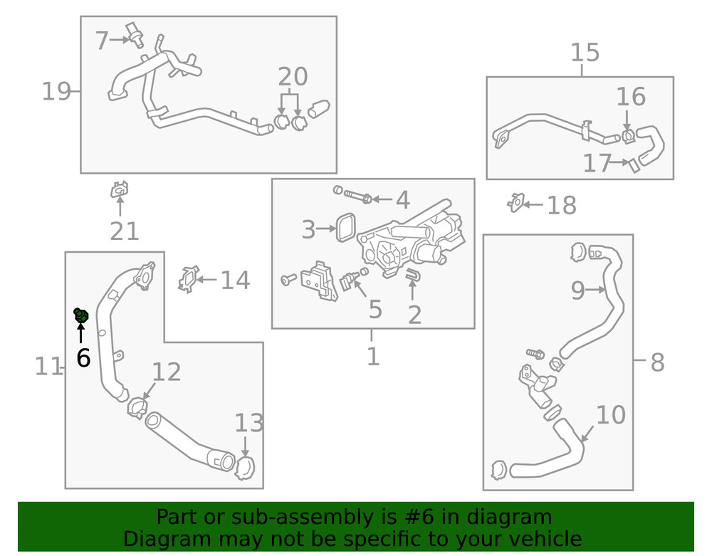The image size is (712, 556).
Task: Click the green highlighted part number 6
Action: [x=81, y=314]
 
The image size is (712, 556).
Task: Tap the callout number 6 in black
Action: [x=83, y=358]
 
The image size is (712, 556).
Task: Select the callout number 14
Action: [x=235, y=280]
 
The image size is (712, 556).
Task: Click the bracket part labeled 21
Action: [x=119, y=191]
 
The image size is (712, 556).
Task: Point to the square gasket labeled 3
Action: [x=347, y=227]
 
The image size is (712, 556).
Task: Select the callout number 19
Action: [x=56, y=91]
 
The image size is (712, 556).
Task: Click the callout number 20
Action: [x=293, y=77]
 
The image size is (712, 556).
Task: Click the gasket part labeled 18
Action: [x=515, y=203]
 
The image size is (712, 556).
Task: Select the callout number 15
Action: [x=585, y=53]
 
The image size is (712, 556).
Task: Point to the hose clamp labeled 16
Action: [x=627, y=135]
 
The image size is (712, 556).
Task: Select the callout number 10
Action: [x=611, y=414]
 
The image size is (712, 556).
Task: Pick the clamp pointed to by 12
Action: [x=137, y=408]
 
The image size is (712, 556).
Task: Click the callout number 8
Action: [x=657, y=362]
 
